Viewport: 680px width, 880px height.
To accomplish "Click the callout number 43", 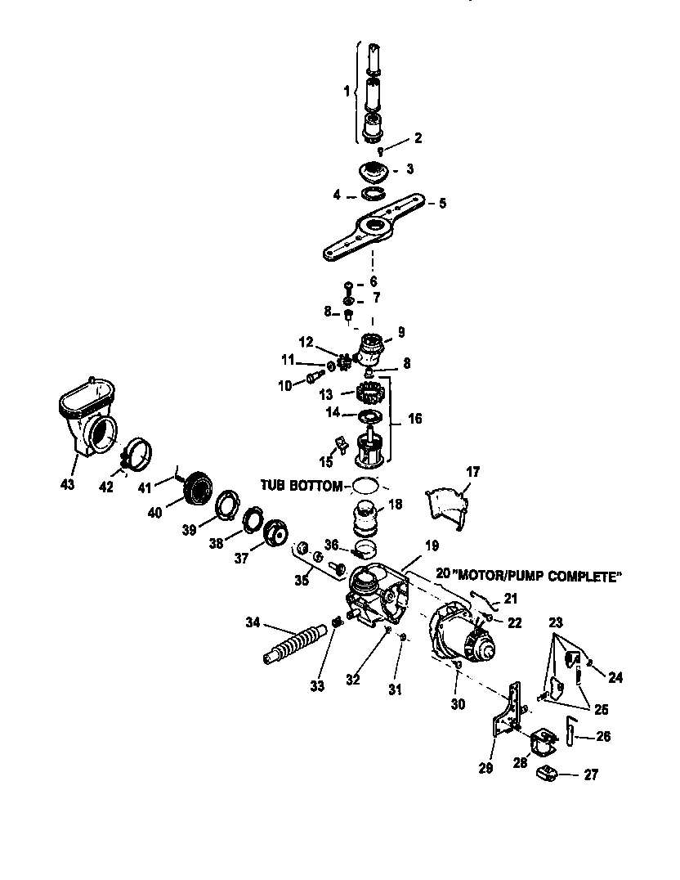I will tap(67, 485).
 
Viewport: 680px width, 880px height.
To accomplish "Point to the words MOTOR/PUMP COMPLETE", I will tap(540, 577).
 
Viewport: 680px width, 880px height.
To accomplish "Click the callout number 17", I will tap(473, 472).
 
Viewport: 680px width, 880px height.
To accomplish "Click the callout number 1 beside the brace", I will tap(346, 92).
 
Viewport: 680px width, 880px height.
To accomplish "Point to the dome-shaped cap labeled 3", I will tap(374, 173).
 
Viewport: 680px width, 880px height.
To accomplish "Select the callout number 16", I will tap(415, 419).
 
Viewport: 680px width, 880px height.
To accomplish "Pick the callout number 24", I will tap(615, 677).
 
